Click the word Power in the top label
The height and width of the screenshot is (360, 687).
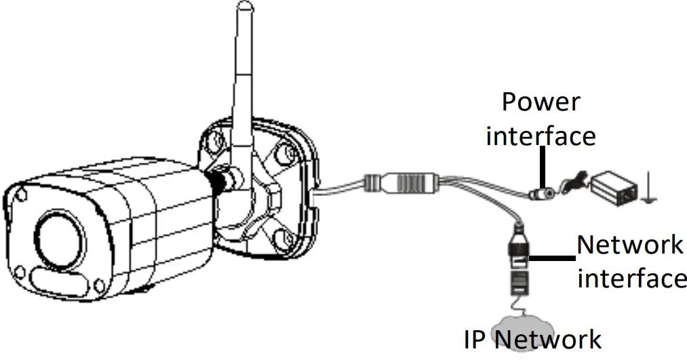[541, 102]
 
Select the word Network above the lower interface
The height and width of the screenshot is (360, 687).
[630, 244]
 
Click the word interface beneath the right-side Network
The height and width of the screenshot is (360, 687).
[632, 278]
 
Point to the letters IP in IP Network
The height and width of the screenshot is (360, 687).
[475, 339]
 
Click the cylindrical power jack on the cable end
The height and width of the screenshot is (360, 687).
[541, 195]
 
